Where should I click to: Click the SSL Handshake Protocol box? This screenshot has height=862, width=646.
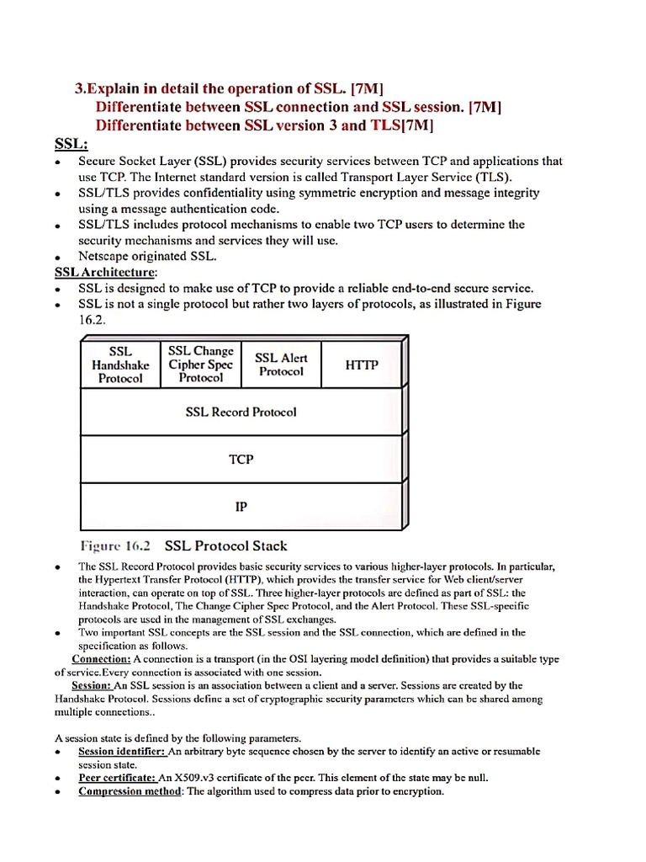120,364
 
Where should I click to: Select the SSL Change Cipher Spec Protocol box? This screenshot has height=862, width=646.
201,364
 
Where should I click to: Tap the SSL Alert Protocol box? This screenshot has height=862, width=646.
281,364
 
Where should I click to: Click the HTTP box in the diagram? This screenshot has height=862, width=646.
362,364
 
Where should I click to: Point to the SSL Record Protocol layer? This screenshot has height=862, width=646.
241,412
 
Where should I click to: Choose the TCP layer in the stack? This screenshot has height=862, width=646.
241,460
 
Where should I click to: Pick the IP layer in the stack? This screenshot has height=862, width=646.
241,507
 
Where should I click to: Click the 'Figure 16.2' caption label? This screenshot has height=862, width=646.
114,545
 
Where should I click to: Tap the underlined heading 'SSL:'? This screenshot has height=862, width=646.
71,144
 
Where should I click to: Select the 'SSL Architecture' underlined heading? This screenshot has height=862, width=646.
105,272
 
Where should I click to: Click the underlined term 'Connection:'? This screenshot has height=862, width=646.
101,659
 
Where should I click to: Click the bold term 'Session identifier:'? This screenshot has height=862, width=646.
123,751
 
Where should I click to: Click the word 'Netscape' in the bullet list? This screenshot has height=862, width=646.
105,256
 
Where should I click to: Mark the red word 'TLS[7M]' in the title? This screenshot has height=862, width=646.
402,125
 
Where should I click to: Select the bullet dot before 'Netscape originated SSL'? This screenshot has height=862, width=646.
56,258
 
